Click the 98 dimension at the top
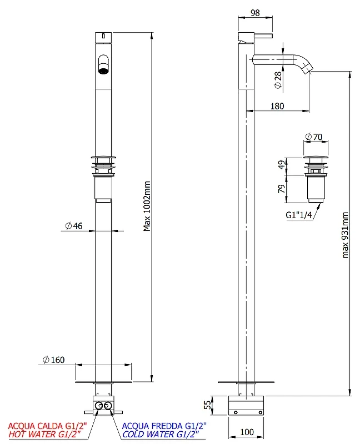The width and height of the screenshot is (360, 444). (x=255, y=13)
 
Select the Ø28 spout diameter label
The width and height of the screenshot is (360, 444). (x=278, y=80)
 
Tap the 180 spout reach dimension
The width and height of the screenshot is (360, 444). (x=277, y=106)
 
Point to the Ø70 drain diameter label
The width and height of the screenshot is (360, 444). (x=313, y=137)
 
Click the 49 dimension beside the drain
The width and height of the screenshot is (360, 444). (x=282, y=164)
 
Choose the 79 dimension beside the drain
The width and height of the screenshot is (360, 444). (x=282, y=189)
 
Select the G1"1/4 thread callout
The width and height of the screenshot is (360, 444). (x=299, y=215)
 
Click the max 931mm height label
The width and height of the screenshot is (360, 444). (x=344, y=235)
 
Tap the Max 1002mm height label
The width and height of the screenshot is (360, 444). (x=147, y=206)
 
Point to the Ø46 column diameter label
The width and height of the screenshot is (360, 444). (x=74, y=226)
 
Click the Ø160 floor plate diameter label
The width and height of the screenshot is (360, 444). (x=53, y=360)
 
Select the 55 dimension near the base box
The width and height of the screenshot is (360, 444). (x=208, y=405)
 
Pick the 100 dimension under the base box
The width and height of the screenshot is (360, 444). (x=247, y=432)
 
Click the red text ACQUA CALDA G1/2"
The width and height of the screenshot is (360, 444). (x=47, y=426)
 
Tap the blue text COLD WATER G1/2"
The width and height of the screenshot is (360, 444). (x=161, y=434)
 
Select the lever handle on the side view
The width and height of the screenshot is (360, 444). (x=263, y=36)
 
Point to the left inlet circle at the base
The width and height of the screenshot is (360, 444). (x=99, y=406)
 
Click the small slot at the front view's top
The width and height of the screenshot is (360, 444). (x=103, y=36)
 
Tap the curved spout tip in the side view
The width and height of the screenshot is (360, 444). (x=307, y=69)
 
